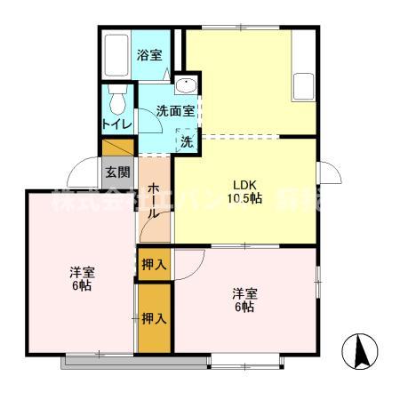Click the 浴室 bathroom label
[149, 55]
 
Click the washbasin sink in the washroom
[186, 85]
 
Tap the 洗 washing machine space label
[187, 140]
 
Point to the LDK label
[245, 184]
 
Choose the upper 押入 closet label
[154, 264]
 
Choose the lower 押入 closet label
[154, 317]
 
